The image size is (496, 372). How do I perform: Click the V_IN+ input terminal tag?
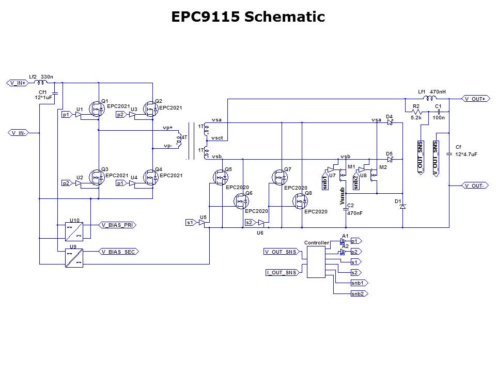point(17,83)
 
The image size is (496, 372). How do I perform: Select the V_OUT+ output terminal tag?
point(474,99)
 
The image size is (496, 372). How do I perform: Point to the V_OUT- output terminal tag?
point(474,185)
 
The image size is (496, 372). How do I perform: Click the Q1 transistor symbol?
point(96,109)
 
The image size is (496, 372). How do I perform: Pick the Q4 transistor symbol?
point(150,178)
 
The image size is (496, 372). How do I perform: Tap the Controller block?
point(316,261)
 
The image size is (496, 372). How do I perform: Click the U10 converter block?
point(74,231)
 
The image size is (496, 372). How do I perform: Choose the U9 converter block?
point(74,257)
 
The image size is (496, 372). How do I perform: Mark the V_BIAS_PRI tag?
point(119,225)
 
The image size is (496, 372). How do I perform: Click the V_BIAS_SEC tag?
point(119,252)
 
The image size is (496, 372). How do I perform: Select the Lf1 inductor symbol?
point(428,98)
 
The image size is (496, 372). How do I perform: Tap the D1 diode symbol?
point(403,206)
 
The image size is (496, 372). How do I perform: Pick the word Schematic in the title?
point(284,17)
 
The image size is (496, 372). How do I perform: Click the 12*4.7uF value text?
point(466,153)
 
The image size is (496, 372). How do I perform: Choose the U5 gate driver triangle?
point(202,223)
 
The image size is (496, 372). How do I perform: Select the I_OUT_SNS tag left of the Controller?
point(282,272)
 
